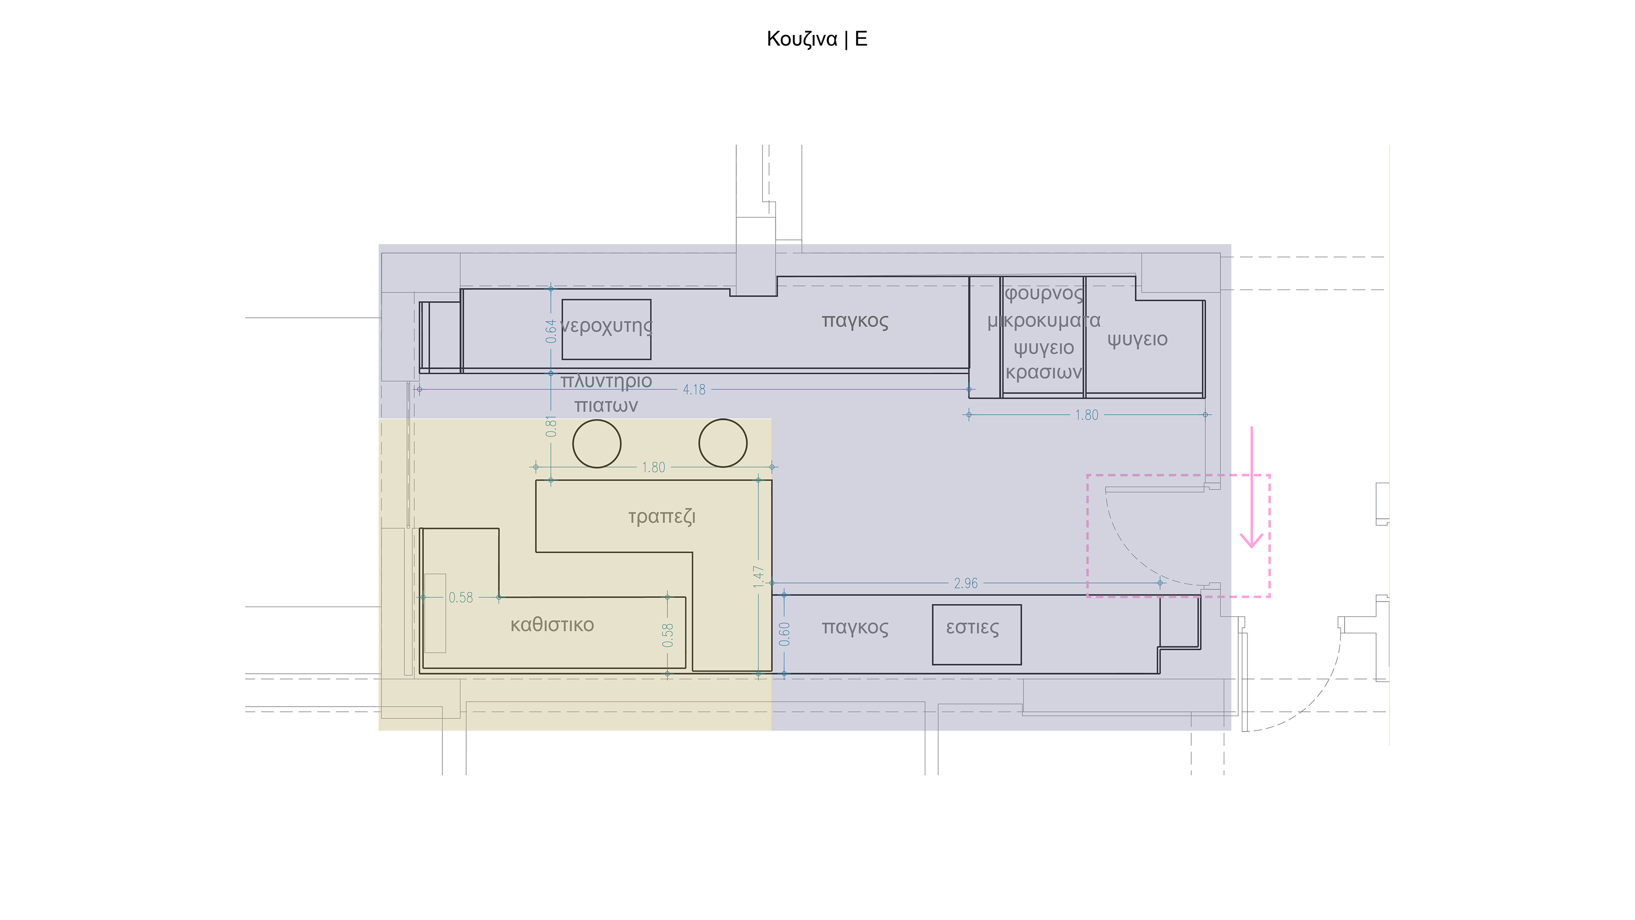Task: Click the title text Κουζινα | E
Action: point(817,39)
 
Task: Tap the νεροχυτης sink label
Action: point(606,326)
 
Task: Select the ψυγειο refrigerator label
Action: point(1137,340)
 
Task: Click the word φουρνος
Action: point(1044,293)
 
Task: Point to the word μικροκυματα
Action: point(1044,321)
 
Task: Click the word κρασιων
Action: point(1044,372)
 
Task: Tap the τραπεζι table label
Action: point(662,517)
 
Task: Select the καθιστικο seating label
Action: point(552,625)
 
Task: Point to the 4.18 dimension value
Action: point(694,390)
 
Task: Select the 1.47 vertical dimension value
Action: point(758,577)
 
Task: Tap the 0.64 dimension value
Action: point(551,331)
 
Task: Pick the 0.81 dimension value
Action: point(551,426)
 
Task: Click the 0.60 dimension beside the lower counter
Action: point(784,634)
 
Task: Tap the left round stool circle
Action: point(597,443)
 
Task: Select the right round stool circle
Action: point(723,443)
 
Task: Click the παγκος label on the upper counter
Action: point(855,321)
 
